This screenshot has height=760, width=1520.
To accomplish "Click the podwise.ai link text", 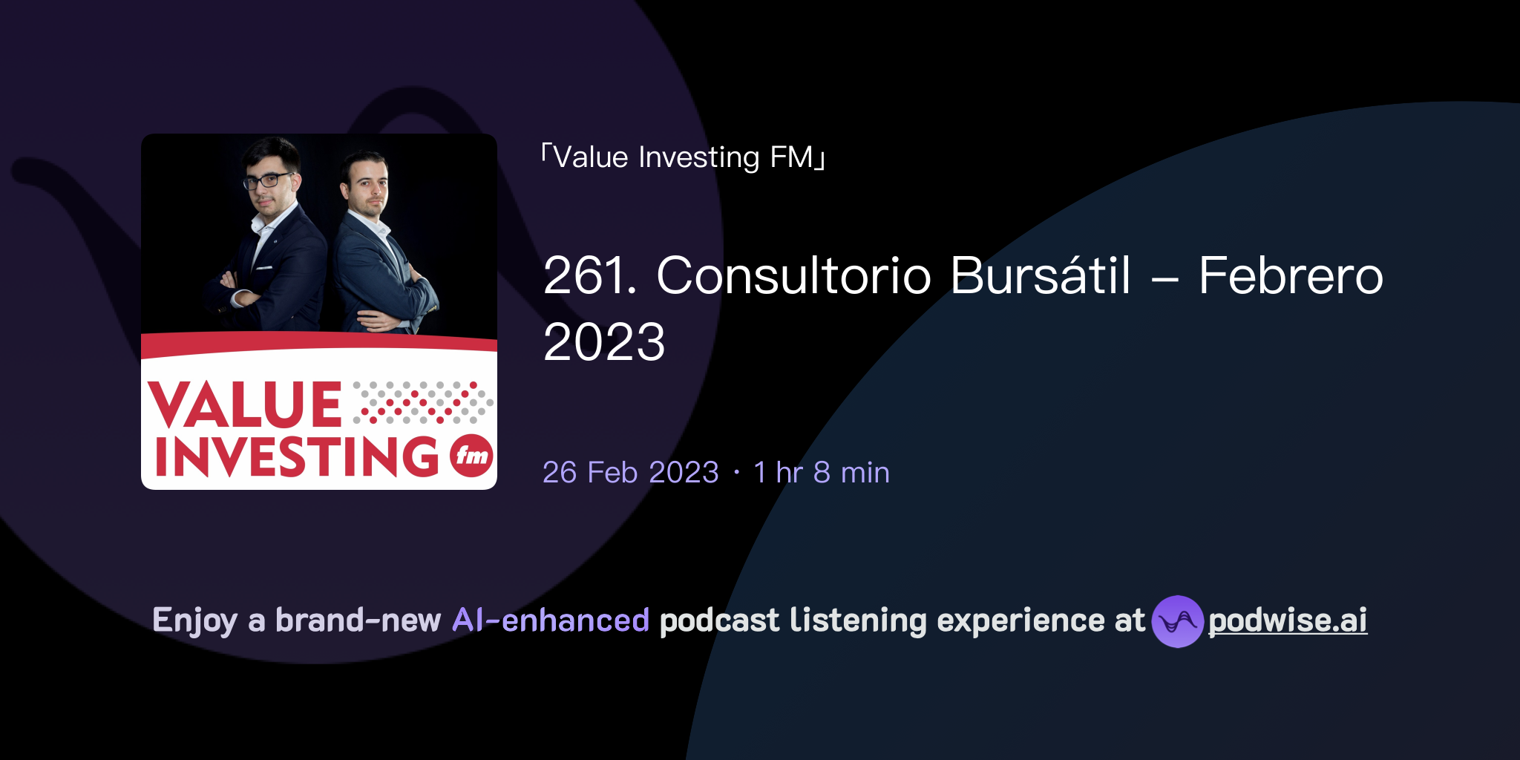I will coord(1287,620).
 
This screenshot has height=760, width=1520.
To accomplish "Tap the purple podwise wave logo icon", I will coord(1177,621).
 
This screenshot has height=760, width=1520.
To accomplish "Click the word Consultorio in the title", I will coord(793,275).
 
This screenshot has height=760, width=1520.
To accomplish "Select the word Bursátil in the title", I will coord(1041,275).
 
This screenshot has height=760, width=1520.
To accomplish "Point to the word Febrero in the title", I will coord(1291,275).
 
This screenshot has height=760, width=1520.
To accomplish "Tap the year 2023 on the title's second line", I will coord(604,342).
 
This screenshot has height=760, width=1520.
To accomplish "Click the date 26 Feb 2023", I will coord(630,473).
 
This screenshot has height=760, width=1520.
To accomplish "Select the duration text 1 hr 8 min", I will coord(821,473).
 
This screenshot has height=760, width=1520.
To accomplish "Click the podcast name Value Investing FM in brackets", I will coord(683,157).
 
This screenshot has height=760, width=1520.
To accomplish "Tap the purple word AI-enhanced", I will coord(551,620).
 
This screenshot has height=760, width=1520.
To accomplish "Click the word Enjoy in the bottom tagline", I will coord(194,620).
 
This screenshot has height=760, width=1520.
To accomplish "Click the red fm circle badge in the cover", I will coord(471,454).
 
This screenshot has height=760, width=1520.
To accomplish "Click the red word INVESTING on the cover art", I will coord(297,456).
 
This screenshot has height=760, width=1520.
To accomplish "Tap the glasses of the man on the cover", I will coord(267,180).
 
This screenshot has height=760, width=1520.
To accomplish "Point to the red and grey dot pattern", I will coord(423,403).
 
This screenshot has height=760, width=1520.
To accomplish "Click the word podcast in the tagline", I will coord(719,620).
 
